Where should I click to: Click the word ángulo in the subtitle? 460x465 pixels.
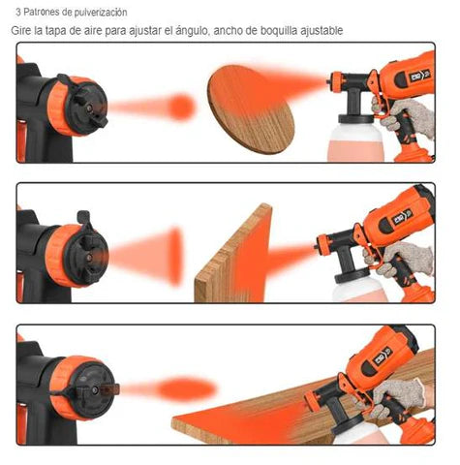(x=193, y=31)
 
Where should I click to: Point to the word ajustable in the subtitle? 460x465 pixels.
(x=322, y=31)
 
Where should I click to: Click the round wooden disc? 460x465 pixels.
(x=251, y=109)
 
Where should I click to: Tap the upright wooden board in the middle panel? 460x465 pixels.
(x=233, y=254)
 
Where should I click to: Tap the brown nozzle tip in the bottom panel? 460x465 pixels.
(x=109, y=389)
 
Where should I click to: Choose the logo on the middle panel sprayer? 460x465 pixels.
(x=403, y=217)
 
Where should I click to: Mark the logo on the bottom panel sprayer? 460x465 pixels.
(x=383, y=356)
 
